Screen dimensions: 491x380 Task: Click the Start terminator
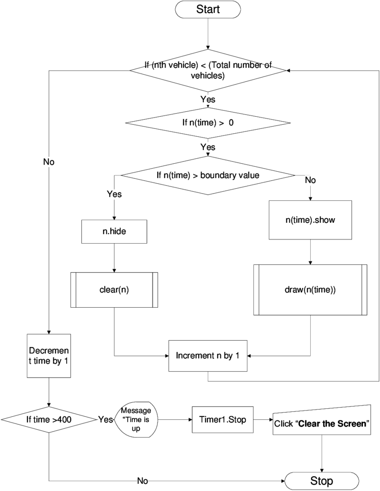208,9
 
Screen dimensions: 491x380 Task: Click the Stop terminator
321,481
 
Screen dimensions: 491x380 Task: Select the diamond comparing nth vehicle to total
208,70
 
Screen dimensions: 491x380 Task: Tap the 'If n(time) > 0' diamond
208,123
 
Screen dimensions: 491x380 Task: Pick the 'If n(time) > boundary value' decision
208,175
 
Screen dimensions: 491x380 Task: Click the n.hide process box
114,232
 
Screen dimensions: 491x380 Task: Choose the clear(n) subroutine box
114,290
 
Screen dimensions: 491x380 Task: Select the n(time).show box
310,220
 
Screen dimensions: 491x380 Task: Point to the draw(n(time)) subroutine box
310,290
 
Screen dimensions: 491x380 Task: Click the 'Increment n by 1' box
208,356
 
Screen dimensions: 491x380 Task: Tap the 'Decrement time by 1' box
49,356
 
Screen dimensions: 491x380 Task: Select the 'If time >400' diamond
49,419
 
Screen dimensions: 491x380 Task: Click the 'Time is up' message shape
136,419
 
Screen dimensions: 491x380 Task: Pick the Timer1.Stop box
223,419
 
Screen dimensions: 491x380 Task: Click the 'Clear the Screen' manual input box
322,420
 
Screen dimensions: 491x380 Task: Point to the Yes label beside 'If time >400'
106,419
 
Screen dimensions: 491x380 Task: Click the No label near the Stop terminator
142,481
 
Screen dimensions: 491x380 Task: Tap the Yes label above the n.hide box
114,194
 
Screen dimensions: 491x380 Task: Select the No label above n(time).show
310,180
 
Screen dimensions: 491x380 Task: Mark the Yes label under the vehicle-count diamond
208,99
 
